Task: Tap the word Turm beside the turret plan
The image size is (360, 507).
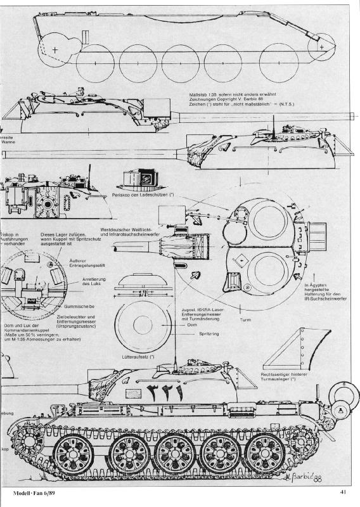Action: click(246, 320)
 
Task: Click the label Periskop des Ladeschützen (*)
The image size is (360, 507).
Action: click(145, 195)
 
